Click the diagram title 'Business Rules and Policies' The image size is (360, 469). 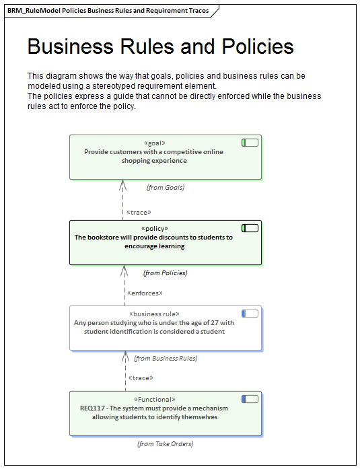[x=160, y=46]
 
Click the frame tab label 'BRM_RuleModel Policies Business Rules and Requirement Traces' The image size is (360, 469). [x=108, y=11]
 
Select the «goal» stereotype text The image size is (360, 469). [x=155, y=143]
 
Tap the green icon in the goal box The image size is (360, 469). [x=250, y=143]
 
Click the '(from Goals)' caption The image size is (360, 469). [x=166, y=187]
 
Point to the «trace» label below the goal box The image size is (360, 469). [x=139, y=212]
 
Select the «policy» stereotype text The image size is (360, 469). [x=155, y=229]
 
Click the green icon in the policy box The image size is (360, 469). [x=250, y=228]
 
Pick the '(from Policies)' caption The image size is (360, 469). [x=165, y=273]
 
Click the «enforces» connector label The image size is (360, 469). [x=145, y=293]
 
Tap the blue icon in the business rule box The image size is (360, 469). [x=250, y=314]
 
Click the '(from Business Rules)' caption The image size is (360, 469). [x=166, y=359]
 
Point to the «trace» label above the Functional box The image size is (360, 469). [x=141, y=377]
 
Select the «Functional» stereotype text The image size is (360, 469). [x=155, y=399]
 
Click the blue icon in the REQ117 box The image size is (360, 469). [x=250, y=399]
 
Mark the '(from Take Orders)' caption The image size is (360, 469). [x=165, y=443]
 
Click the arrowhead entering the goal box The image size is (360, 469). [x=123, y=184]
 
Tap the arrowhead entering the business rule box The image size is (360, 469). [x=123, y=355]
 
